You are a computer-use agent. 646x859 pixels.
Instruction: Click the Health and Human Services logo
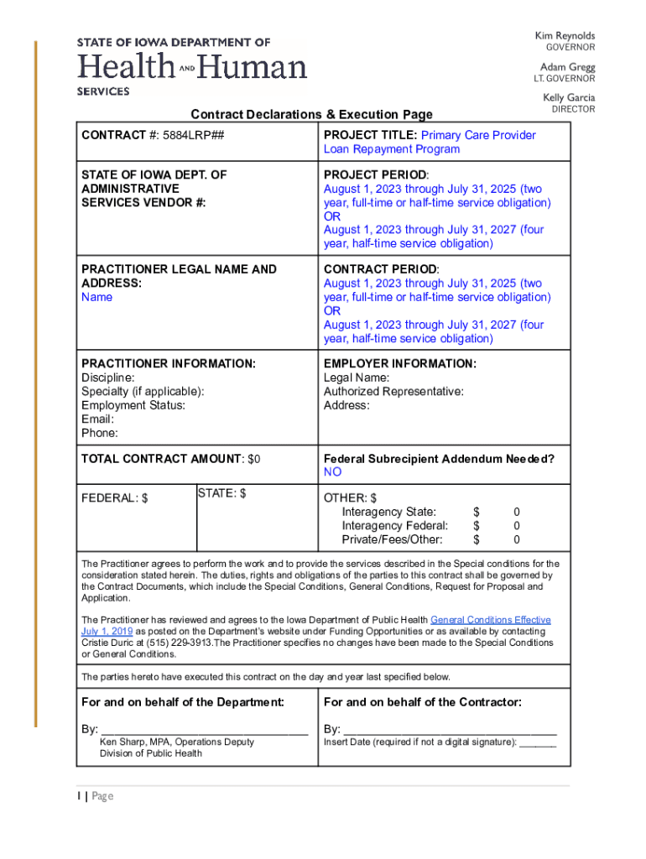[192, 66]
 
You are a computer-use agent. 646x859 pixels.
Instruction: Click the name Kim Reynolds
[565, 36]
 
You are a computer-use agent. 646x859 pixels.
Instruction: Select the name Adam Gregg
[567, 67]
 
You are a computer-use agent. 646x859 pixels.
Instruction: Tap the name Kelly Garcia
[568, 98]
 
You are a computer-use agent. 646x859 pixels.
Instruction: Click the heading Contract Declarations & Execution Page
[311, 114]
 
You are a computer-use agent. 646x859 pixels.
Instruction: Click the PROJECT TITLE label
[370, 135]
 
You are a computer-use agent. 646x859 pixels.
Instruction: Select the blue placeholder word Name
[96, 297]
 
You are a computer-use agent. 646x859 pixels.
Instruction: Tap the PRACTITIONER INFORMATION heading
[168, 364]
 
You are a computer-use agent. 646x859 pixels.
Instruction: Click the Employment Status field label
[133, 405]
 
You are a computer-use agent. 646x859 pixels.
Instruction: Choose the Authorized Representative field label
[393, 392]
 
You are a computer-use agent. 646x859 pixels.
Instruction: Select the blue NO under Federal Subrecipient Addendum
[333, 472]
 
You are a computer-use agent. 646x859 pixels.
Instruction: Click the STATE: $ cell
[221, 493]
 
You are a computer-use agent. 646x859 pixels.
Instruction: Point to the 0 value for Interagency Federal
[517, 526]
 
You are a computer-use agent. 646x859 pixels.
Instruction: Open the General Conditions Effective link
[490, 620]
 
